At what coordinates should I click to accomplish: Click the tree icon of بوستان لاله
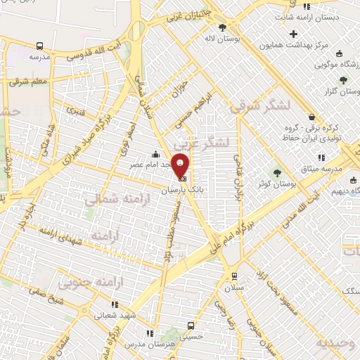coord(222,28)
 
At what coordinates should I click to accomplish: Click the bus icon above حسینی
coord(191,326)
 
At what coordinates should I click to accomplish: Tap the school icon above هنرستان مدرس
coord(148,333)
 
